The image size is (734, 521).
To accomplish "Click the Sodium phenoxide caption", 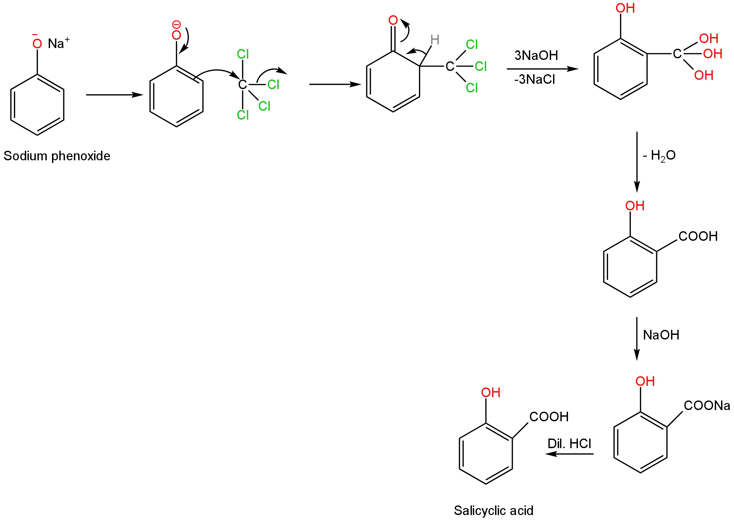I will pos(57,156).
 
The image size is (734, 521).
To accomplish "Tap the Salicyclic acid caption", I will pos(493,510).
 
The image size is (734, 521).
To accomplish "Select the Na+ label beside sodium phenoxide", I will pos(59,43).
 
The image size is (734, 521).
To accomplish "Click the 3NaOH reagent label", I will pos(536,55).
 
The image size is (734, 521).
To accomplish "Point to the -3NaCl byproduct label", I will pos(535,79).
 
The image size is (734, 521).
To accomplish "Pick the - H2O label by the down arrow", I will pos(659,155).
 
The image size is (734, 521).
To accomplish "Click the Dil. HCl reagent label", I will pos(569,443).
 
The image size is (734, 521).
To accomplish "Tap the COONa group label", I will pos(706,405).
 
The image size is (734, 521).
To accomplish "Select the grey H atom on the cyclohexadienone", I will pos(435,40).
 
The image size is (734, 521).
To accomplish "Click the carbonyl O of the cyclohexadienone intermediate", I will pos(393,20).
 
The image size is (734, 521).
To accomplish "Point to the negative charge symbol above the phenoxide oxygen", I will pos(176,24).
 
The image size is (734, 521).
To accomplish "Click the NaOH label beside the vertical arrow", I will pos(661,335).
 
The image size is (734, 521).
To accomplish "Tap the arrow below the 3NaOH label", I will pos(542,69).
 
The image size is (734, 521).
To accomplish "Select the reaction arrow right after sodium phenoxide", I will pos(114,95).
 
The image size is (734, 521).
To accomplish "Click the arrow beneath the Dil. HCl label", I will pos(569,454).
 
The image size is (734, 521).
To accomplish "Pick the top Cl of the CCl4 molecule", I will pos(243,54).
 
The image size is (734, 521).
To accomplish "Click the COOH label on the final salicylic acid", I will pos(549,417).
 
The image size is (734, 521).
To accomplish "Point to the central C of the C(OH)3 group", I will pos(677,54).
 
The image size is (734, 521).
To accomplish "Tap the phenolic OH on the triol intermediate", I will pos(625,8).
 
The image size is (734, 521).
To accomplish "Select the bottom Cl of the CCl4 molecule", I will pos(243,115).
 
